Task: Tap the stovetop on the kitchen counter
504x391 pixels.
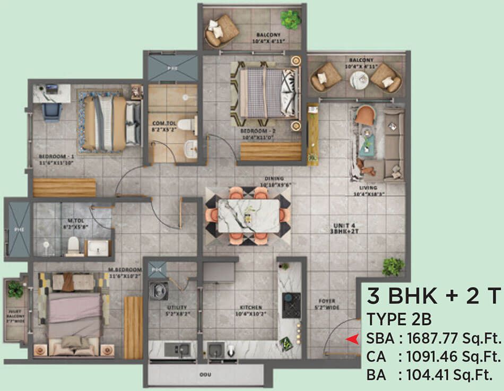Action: point(291,306)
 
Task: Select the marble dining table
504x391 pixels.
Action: point(248,215)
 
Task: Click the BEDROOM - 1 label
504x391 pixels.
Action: point(55,157)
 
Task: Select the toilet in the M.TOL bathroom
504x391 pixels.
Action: point(73,245)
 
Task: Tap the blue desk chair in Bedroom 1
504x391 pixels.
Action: point(51,111)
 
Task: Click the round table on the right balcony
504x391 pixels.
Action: point(359,80)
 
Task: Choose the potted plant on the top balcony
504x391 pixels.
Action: point(290,19)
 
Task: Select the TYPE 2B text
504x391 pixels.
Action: point(398,320)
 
